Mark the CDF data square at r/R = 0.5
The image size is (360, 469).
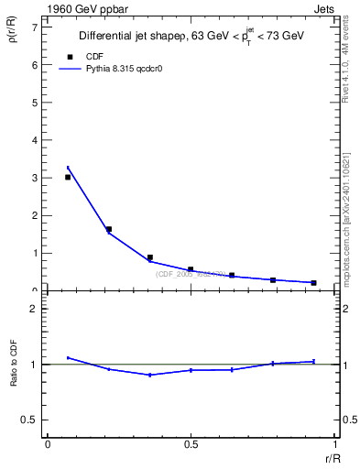coord(191,269)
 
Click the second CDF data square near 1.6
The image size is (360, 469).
coord(109,229)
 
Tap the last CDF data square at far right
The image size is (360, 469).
coord(313,282)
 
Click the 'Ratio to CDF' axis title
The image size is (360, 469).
coord(15,365)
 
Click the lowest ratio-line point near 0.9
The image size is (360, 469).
coord(149,375)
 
